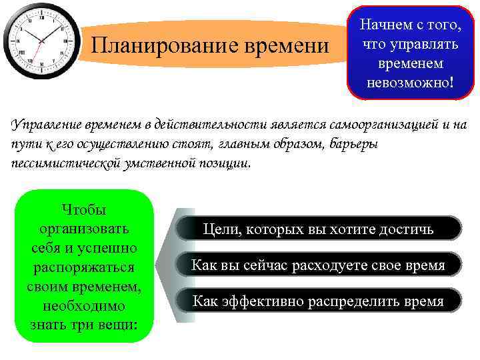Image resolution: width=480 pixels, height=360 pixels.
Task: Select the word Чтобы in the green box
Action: (83, 209)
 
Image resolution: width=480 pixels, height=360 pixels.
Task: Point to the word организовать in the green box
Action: (83, 229)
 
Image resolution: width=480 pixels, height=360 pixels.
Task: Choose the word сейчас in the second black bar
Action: (258, 265)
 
